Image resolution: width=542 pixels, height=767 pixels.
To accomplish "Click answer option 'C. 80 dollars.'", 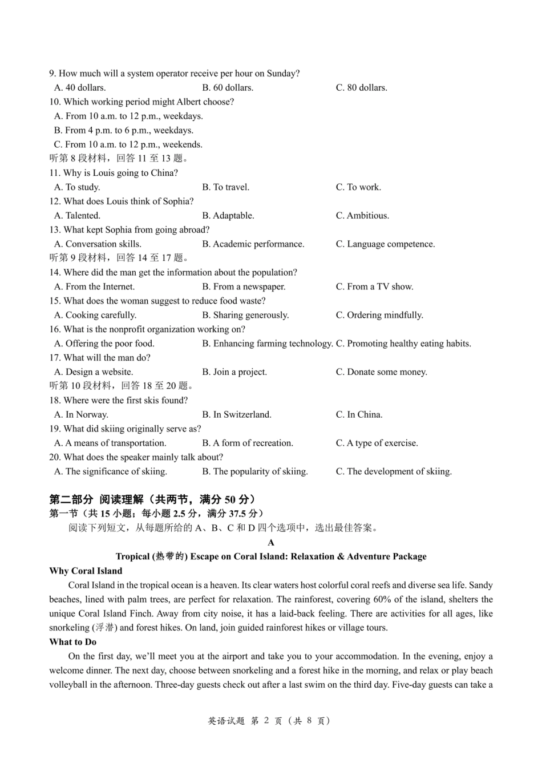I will coord(361,88).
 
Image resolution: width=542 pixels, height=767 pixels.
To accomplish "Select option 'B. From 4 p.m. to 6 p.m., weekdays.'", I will coord(123,131).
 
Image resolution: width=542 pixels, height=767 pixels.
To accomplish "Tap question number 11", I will coord(55,173).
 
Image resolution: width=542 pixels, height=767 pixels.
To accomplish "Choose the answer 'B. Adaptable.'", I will coord(228,216).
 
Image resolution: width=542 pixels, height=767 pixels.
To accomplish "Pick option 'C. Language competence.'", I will coord(385,244).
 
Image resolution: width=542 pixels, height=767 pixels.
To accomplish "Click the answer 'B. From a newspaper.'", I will coord(244,287).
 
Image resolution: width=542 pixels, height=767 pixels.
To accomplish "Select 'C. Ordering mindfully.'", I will coord(379,315).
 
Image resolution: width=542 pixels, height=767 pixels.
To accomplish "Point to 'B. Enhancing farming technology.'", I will coord(267,344).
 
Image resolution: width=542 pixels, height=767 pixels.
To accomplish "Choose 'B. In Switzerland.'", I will coord(237,415).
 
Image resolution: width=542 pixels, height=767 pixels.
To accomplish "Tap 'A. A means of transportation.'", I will coord(110,443).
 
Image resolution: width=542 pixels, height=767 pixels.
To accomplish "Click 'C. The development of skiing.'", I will coord(394,472).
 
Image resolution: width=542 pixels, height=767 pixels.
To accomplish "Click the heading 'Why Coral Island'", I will coord(86,571).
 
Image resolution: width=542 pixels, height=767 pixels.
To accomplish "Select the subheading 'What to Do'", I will coord(73,642).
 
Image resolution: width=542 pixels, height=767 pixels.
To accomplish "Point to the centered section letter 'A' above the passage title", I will coord(271,543).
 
